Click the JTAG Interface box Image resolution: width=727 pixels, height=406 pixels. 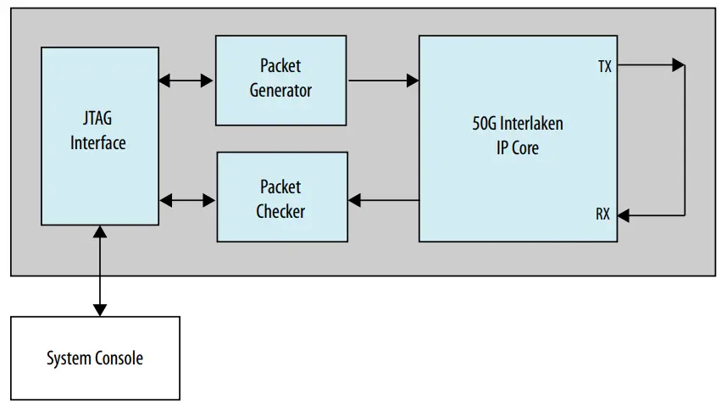(99, 136)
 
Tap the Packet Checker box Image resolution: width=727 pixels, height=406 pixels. (282, 197)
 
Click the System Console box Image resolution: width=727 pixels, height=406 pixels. (95, 358)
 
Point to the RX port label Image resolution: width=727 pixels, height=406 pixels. (602, 214)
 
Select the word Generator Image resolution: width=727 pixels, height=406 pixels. (280, 90)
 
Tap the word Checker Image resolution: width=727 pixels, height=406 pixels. (280, 210)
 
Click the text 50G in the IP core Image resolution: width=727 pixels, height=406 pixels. (486, 124)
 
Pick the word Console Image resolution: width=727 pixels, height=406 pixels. (120, 358)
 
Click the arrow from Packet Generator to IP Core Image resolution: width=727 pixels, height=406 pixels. (383, 81)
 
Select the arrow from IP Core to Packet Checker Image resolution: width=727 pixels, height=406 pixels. (383, 200)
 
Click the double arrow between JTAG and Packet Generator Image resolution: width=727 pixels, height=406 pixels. (186, 81)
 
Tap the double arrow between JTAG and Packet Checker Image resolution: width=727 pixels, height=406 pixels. (187, 200)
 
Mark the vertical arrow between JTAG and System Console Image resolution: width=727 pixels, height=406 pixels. (101, 270)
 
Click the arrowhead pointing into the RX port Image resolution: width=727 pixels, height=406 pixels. (624, 216)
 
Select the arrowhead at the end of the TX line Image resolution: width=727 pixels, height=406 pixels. (678, 64)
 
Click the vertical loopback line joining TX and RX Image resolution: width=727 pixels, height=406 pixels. (684, 140)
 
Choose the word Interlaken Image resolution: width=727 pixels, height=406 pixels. (532, 124)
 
